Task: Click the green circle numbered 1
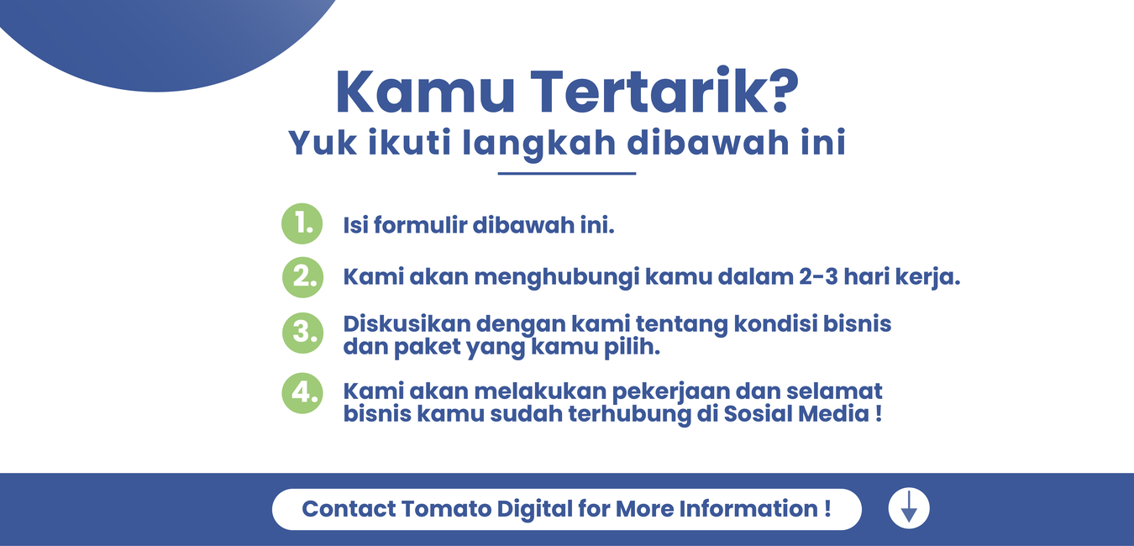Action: (x=302, y=223)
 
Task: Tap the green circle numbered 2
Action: (x=302, y=277)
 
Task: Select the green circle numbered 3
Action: (x=302, y=333)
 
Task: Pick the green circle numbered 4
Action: (x=302, y=393)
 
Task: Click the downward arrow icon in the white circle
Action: (x=909, y=507)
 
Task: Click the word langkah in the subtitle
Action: (x=539, y=144)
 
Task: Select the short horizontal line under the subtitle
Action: (x=566, y=174)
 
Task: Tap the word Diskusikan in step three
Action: (x=407, y=323)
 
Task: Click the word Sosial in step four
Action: (x=758, y=413)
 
